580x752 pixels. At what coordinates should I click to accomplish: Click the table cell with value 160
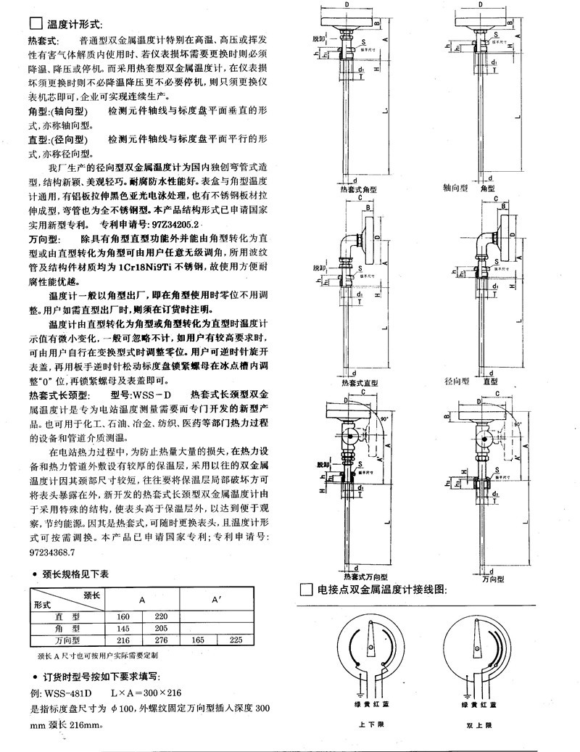pos(123,616)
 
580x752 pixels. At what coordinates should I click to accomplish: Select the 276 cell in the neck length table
pos(161,640)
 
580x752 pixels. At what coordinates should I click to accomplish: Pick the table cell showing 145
pos(123,628)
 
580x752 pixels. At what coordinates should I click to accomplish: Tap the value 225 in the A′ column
pos(236,640)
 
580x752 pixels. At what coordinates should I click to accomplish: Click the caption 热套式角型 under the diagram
pos(359,189)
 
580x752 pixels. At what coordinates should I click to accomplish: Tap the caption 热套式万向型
pos(362,574)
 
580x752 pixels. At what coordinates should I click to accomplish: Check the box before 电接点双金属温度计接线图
pos(306,590)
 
